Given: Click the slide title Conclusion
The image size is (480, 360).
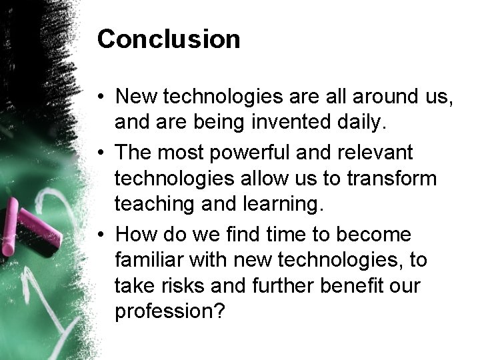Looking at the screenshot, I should [x=169, y=40].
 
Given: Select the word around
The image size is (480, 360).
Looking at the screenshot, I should [x=377, y=97].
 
